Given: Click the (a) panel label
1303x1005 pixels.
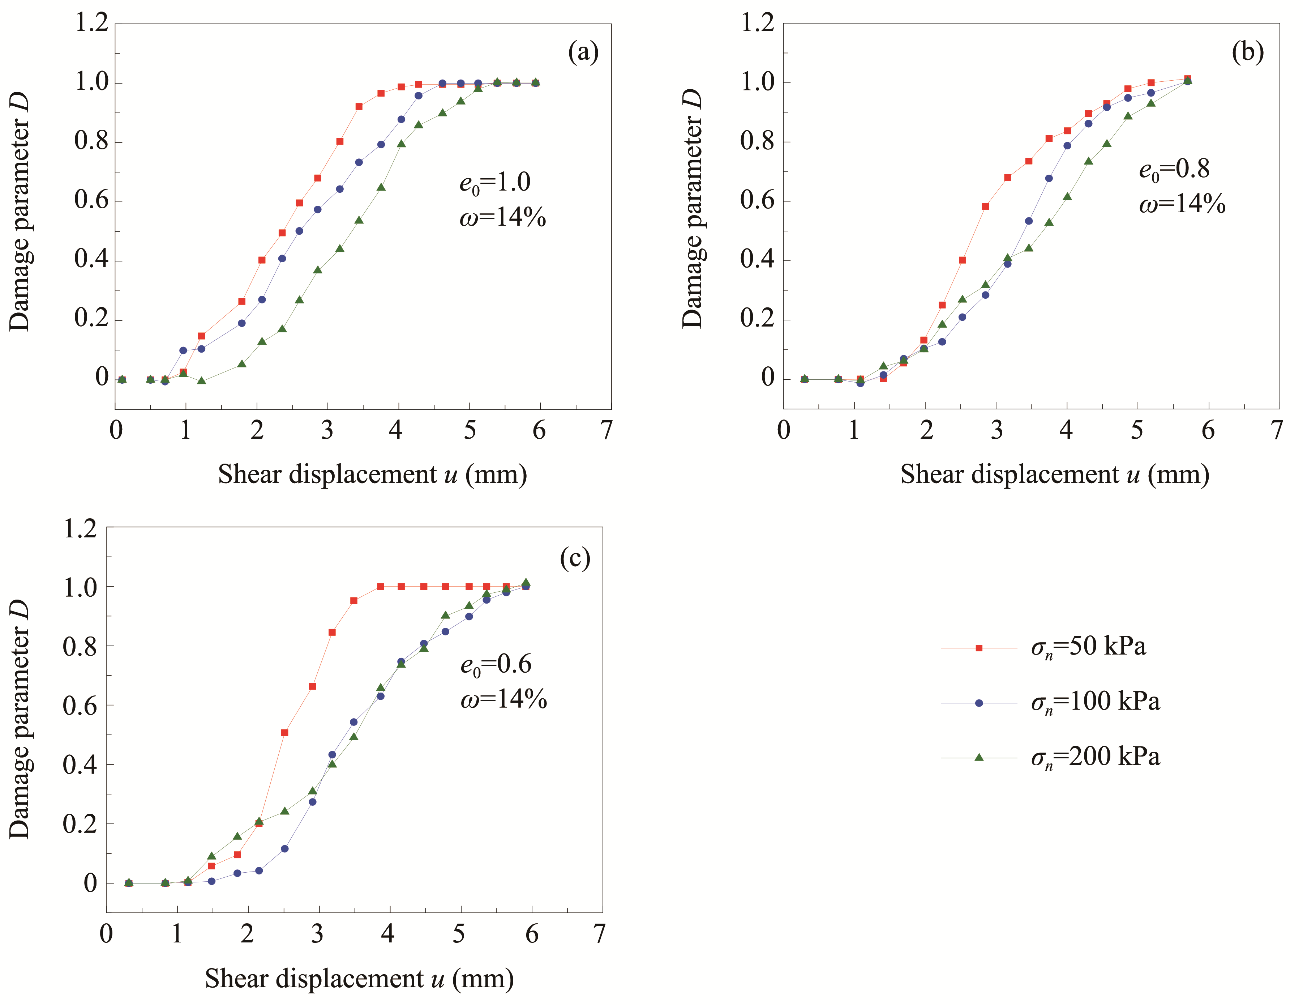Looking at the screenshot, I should [583, 52].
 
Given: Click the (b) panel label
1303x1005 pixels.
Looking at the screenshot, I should [1247, 52].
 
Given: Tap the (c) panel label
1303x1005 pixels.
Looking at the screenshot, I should [575, 558].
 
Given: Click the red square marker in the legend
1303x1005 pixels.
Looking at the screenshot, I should [978, 648].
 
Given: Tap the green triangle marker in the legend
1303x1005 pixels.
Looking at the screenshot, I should [978, 757].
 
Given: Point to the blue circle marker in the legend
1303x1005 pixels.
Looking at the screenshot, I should [978, 703].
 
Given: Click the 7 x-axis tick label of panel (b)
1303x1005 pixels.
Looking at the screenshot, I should [1276, 430].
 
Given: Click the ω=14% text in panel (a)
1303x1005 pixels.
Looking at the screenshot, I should [502, 218].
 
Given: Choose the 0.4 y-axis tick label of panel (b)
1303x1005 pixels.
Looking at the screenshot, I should [756, 260].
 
